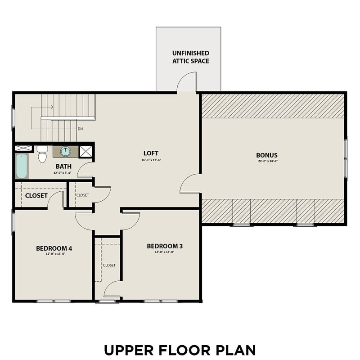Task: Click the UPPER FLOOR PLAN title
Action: click(x=180, y=350)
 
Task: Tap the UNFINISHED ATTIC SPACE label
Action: click(x=190, y=57)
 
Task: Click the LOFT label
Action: click(x=151, y=153)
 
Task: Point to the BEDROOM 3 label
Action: click(x=164, y=246)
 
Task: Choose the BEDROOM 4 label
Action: click(x=54, y=248)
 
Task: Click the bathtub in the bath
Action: click(x=22, y=166)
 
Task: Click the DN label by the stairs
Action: click(x=80, y=129)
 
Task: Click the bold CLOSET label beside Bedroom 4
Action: click(x=36, y=196)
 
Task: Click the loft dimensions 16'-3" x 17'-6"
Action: click(x=151, y=160)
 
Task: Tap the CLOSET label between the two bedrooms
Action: click(x=109, y=265)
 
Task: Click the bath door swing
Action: click(x=85, y=170)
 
